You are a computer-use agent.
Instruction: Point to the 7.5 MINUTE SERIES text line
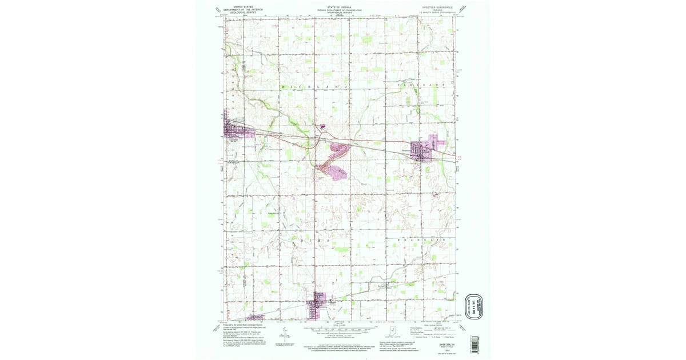click(x=441, y=12)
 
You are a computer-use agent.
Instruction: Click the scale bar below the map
click(x=343, y=329)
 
